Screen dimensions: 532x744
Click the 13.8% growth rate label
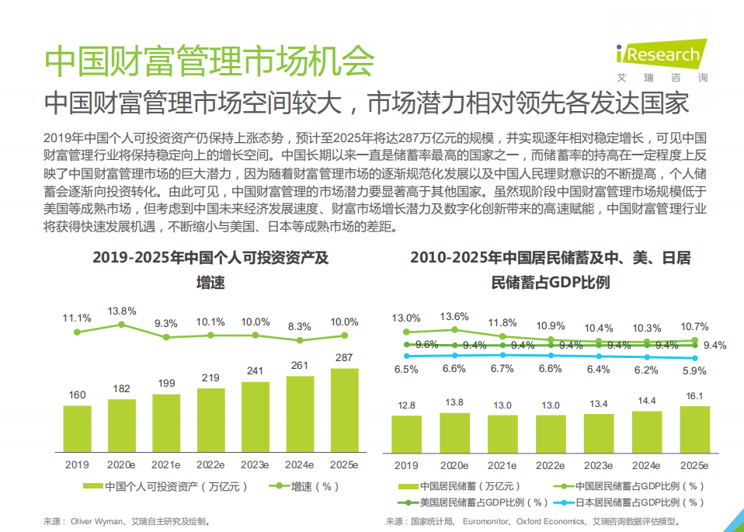pyautogui.click(x=122, y=311)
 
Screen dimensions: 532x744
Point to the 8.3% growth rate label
pyautogui.click(x=299, y=327)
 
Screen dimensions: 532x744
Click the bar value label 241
pyautogui.click(x=255, y=370)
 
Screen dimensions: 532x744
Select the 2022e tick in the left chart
pyautogui.click(x=210, y=464)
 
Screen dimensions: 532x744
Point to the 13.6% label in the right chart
pyautogui.click(x=454, y=316)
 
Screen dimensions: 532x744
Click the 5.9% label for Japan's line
pyautogui.click(x=694, y=370)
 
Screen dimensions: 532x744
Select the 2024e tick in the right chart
pyautogui.click(x=647, y=464)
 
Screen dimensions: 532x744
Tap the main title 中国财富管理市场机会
pyautogui.click(x=209, y=61)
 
